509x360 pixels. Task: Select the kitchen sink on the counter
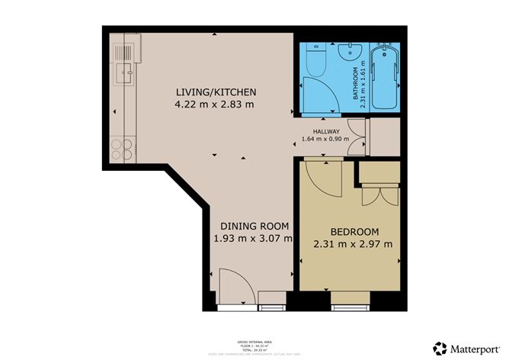123,74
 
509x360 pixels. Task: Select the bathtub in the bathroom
383,76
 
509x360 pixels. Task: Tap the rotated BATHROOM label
357,88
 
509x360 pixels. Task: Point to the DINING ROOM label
254,226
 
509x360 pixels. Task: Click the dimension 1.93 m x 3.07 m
254,239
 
